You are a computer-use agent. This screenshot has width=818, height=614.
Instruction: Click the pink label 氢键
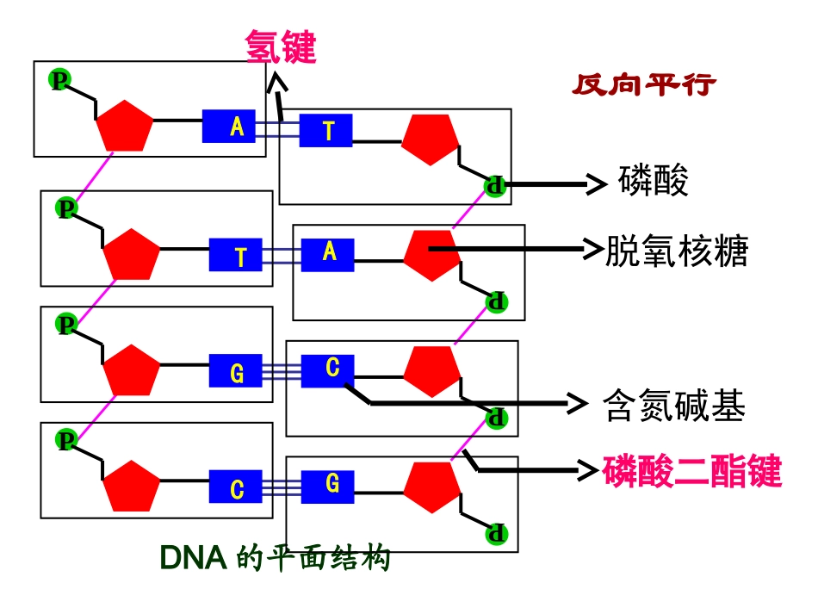pyautogui.click(x=281, y=47)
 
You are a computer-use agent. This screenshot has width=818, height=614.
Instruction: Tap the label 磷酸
pyautogui.click(x=654, y=182)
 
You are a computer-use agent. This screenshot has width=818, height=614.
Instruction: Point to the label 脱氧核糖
pyautogui.click(x=677, y=251)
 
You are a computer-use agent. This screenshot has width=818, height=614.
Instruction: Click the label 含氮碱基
pyautogui.click(x=673, y=406)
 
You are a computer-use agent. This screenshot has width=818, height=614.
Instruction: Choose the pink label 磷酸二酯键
pyautogui.click(x=691, y=472)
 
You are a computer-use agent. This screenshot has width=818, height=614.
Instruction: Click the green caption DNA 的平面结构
pyautogui.click(x=276, y=559)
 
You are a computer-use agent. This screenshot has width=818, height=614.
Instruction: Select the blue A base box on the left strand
pyautogui.click(x=237, y=127)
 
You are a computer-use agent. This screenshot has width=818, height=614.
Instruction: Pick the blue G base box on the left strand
pyautogui.click(x=237, y=372)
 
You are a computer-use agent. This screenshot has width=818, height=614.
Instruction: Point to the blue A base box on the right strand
pyautogui.click(x=327, y=253)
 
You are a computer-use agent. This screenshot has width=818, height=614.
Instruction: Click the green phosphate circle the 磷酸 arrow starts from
pyautogui.click(x=494, y=185)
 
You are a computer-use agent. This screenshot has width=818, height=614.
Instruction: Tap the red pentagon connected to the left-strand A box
pyautogui.click(x=125, y=126)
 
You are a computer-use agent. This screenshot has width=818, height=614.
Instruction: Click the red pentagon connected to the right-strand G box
pyautogui.click(x=432, y=488)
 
